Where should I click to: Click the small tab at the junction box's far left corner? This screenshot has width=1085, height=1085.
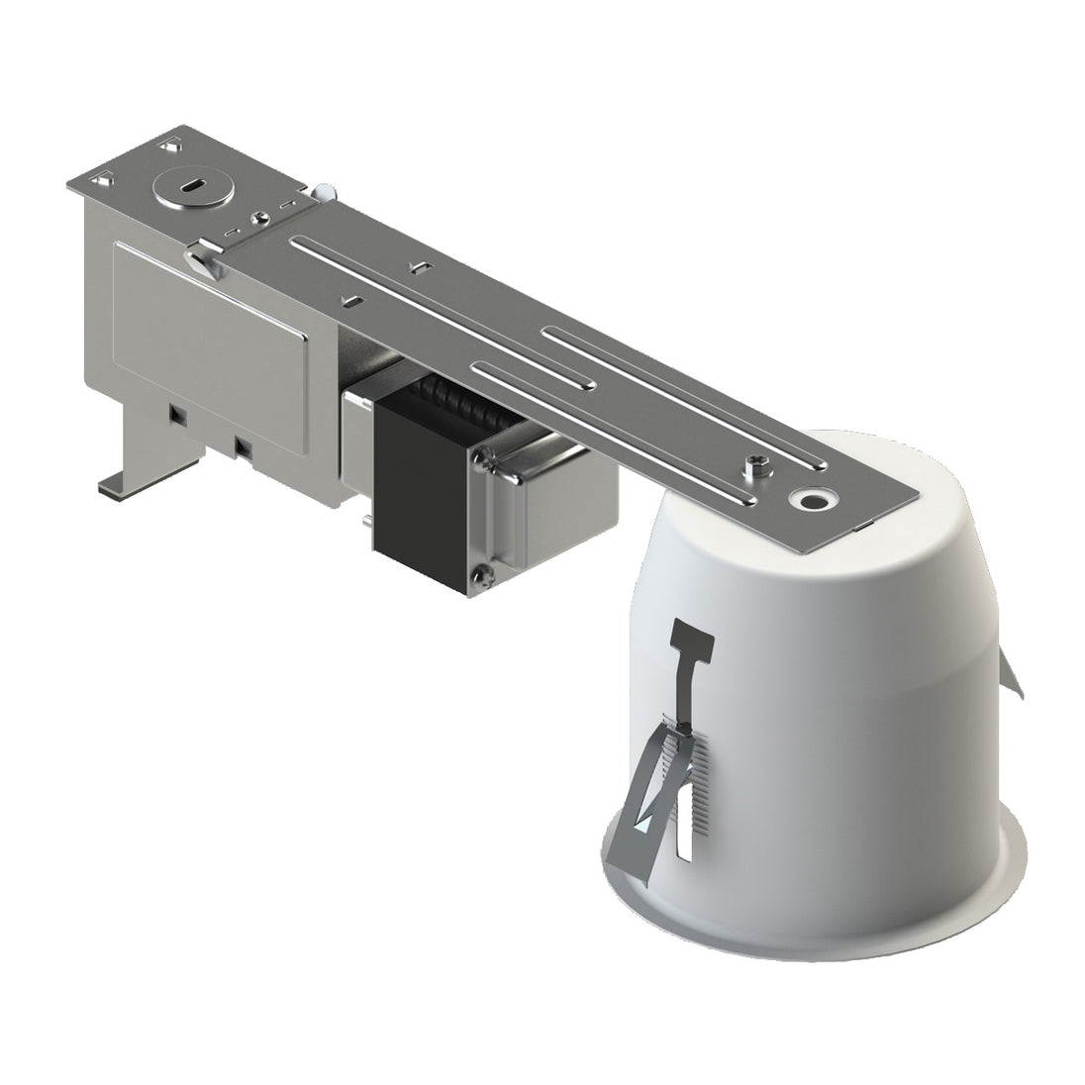(103, 183)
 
